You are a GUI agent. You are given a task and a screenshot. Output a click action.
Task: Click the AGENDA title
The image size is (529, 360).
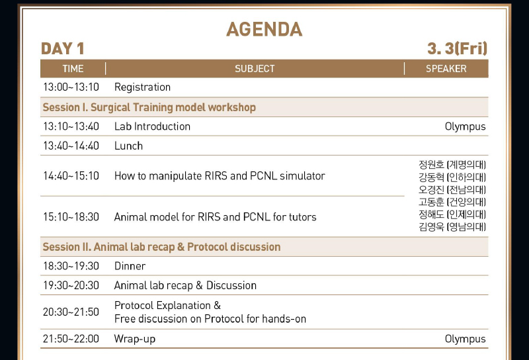pyautogui.click(x=264, y=29)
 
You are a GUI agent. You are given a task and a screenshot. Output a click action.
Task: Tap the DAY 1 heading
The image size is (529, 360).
pyautogui.click(x=62, y=48)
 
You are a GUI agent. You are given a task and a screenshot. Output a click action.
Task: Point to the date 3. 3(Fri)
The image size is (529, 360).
pyautogui.click(x=457, y=48)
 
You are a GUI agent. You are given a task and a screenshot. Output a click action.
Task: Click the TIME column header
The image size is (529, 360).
pyautogui.click(x=73, y=69)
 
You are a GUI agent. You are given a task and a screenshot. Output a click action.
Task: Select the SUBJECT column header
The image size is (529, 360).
pyautogui.click(x=255, y=69)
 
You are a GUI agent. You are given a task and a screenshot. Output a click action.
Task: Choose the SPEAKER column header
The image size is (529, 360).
pyautogui.click(x=446, y=69)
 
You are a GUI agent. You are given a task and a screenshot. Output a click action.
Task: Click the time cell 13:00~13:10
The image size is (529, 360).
pyautogui.click(x=71, y=87)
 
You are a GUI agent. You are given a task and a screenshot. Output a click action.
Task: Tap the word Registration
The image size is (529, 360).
pyautogui.click(x=142, y=87)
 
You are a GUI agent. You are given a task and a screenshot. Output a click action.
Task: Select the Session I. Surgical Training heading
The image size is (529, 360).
pyautogui.click(x=149, y=107)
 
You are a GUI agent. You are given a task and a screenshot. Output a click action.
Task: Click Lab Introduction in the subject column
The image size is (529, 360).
pyautogui.click(x=152, y=126)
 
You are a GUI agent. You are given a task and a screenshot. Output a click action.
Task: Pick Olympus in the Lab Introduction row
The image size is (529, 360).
pyautogui.click(x=466, y=127)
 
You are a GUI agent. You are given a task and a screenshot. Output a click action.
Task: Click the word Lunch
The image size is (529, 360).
pyautogui.click(x=128, y=146)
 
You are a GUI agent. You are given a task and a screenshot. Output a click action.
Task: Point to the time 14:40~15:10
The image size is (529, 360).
pyautogui.click(x=71, y=176)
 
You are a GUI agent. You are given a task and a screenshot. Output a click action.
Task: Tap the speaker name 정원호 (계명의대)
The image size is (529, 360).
pyautogui.click(x=452, y=165)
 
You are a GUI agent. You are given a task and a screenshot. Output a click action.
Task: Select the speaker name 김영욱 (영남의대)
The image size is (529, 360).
pyautogui.click(x=452, y=226)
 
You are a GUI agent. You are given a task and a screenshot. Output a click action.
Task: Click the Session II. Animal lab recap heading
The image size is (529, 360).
pyautogui.click(x=161, y=247)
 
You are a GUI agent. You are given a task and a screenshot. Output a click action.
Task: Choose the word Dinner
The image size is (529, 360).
pyautogui.click(x=130, y=266)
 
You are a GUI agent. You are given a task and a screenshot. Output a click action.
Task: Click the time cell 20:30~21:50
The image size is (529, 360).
pyautogui.click(x=71, y=312)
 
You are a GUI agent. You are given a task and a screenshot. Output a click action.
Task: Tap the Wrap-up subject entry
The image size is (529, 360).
pyautogui.click(x=135, y=339)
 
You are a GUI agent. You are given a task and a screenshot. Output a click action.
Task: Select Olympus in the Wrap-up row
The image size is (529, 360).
pyautogui.click(x=466, y=339)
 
